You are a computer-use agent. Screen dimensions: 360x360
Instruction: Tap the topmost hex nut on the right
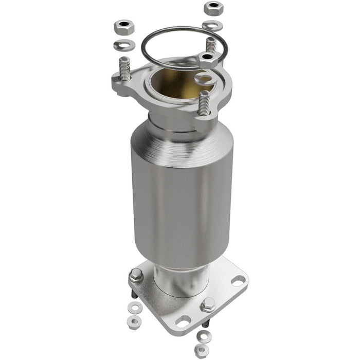click(212, 8)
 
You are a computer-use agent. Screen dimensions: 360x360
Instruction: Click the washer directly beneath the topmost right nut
click(212, 25)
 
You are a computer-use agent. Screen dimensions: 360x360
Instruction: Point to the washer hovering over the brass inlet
click(205, 79)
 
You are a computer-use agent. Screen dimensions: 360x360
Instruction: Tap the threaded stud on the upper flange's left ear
click(124, 69)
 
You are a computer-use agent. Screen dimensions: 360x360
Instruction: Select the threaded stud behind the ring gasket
click(210, 44)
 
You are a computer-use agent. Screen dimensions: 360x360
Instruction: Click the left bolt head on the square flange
click(136, 276)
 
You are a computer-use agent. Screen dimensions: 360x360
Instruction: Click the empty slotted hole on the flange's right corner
click(238, 281)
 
